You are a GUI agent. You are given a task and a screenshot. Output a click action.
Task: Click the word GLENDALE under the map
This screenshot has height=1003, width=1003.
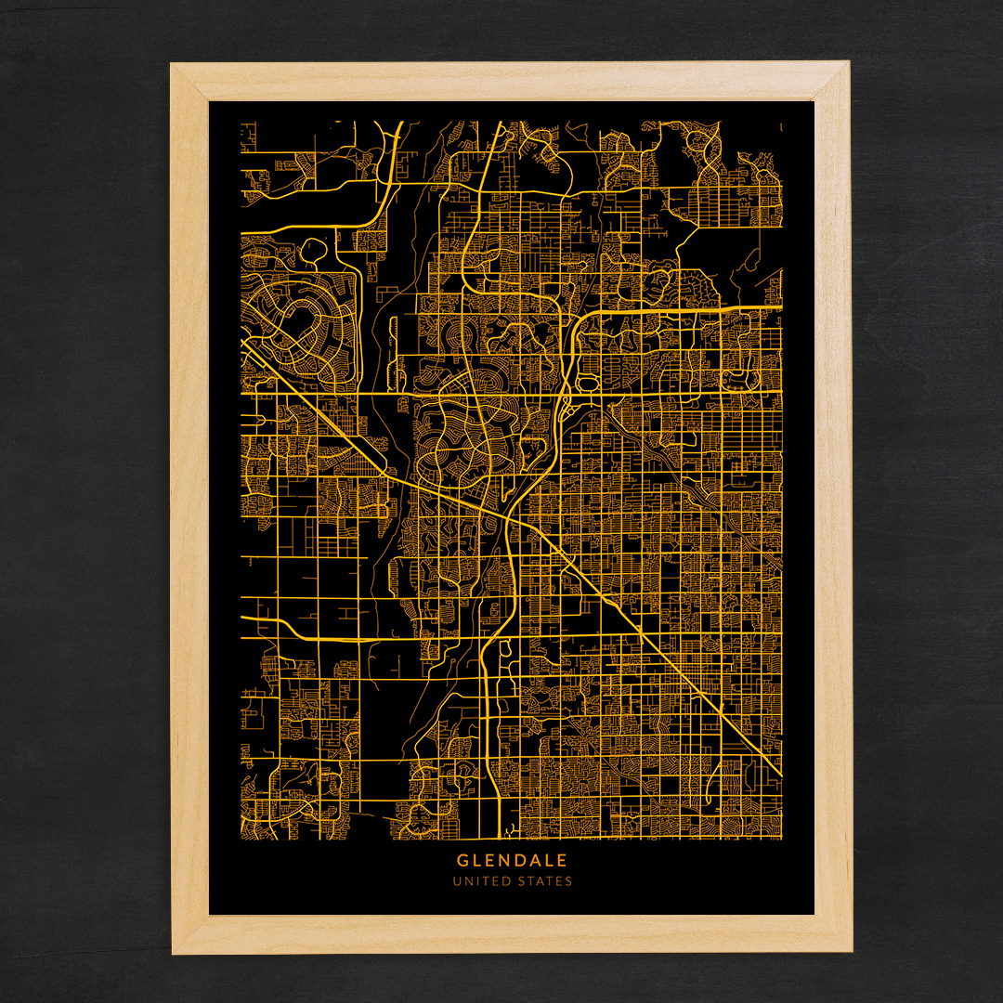point(511,861)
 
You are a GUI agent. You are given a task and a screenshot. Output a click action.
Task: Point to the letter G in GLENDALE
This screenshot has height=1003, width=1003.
point(462,861)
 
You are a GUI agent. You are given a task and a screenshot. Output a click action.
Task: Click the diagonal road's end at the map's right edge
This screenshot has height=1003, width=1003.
point(780,776)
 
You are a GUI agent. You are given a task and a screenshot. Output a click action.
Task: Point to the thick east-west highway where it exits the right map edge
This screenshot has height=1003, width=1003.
point(780,306)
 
